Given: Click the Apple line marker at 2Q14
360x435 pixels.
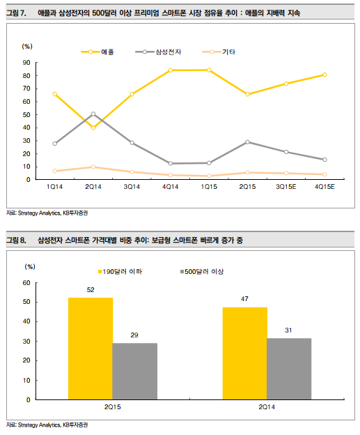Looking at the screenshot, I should point(93,128).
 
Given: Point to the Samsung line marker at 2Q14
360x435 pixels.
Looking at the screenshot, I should point(93,114).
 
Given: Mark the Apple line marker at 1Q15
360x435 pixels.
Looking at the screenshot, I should point(209,70).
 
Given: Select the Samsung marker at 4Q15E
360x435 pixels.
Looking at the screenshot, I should point(324,160).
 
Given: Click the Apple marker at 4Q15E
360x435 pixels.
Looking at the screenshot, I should point(324,75).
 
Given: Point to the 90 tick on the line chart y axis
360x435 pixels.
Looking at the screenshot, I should point(26,62).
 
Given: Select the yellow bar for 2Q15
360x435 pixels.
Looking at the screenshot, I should point(90,349).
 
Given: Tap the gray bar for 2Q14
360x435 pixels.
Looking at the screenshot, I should point(289,369).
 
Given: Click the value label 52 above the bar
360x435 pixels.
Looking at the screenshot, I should point(91,290).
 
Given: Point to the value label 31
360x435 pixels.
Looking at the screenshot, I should point(289,330).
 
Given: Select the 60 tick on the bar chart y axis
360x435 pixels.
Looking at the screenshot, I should point(26,282).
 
